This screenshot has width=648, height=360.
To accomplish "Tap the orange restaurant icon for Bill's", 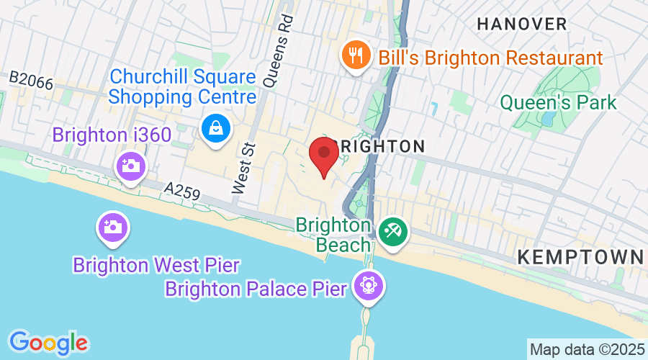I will point(356,55).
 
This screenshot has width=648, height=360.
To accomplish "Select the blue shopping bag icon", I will point(215,130).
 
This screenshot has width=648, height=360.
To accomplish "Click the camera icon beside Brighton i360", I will point(131,166).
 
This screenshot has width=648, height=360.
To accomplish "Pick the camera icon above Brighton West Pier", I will point(113,228).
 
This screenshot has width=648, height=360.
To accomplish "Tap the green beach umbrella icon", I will point(393,233).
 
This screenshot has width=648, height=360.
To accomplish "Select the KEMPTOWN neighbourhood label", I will point(580,256).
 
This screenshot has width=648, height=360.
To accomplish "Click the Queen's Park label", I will point(559,102).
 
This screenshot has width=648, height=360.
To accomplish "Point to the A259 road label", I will point(181,192).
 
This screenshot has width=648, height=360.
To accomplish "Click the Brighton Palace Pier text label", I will point(256,289).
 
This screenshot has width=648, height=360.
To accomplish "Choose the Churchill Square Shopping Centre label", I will point(182,86).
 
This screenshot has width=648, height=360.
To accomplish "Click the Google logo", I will point(48,341).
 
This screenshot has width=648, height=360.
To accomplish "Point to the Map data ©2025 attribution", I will point(587,349).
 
